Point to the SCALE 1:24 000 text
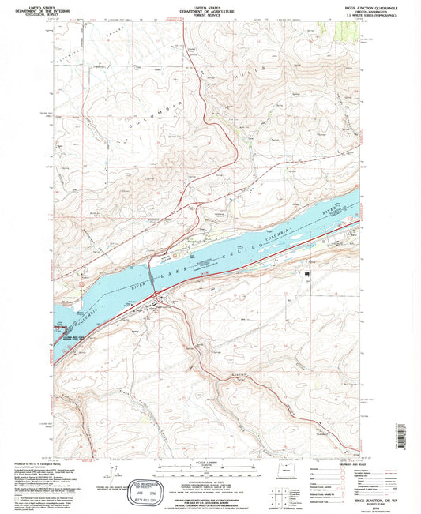point(209,461)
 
